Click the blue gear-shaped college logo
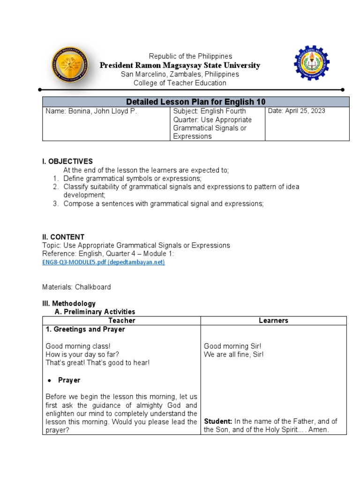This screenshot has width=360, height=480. tap(312, 63)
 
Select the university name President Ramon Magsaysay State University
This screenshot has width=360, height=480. tap(180, 65)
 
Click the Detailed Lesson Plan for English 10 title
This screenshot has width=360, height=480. tap(196, 102)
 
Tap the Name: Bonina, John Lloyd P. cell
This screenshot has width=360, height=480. tap(91, 112)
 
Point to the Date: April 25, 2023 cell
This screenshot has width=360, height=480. tap(297, 111)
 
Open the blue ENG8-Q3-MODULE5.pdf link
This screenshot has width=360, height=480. tap(103, 262)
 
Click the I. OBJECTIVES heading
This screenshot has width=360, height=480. tap(67, 161)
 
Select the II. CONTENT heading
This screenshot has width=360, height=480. tap(63, 237)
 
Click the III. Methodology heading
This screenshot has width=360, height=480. tap(69, 304)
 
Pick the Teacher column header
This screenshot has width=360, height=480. tap(121, 321)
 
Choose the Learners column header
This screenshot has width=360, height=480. tap(273, 321)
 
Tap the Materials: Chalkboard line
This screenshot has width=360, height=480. tap(76, 287)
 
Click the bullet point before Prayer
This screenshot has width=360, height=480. tap(49, 380)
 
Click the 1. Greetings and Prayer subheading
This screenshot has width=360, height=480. tap(85, 330)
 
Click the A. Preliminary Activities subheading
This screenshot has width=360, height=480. tap(95, 312)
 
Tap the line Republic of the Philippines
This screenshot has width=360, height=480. tap(190, 56)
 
